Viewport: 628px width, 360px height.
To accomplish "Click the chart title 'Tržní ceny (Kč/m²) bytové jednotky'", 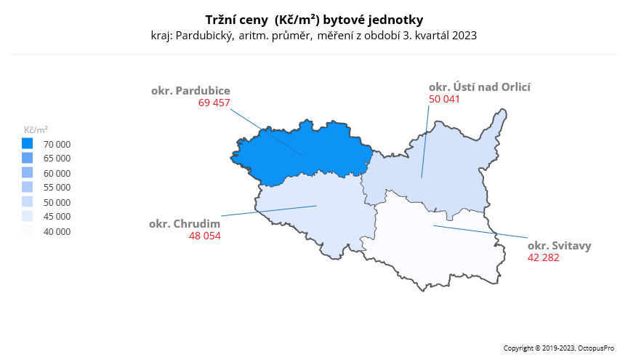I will (x=314, y=19).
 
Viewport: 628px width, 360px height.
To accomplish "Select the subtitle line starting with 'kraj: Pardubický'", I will (x=314, y=35).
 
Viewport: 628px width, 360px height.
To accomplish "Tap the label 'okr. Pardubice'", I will (x=190, y=91).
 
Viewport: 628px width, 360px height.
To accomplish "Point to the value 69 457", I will (x=214, y=103).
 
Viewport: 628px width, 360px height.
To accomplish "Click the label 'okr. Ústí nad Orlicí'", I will (x=480, y=87).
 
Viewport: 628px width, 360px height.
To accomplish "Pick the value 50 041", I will (x=444, y=98).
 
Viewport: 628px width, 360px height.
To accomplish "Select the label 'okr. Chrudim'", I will (x=185, y=223).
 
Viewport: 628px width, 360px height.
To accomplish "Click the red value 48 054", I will (x=204, y=236).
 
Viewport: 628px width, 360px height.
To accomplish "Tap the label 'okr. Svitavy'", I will (x=559, y=245).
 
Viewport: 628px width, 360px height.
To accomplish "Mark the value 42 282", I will (x=543, y=257).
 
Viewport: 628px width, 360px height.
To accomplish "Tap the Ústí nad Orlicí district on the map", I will (x=436, y=171).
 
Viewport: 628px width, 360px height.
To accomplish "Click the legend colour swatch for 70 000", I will (x=28, y=144).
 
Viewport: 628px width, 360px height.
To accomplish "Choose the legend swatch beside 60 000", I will (x=28, y=173).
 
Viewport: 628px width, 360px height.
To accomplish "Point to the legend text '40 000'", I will (x=57, y=232).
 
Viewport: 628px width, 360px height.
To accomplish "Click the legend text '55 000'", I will (x=57, y=188).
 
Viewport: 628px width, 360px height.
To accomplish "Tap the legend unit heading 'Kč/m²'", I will (x=36, y=129).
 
